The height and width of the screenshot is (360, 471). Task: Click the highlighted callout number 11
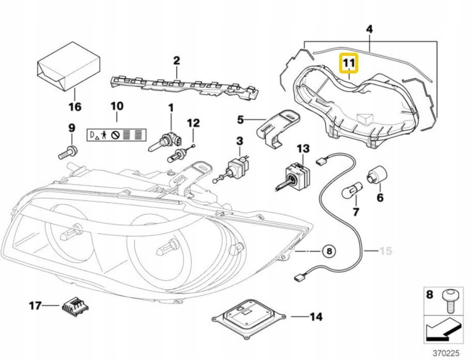pyautogui.click(x=348, y=64)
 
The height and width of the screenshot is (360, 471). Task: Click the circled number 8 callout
pyautogui.click(x=329, y=251)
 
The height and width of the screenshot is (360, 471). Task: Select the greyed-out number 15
pyautogui.click(x=386, y=251)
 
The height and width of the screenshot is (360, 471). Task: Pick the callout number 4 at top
pyautogui.click(x=369, y=30)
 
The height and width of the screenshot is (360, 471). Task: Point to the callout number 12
pyautogui.click(x=193, y=123)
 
